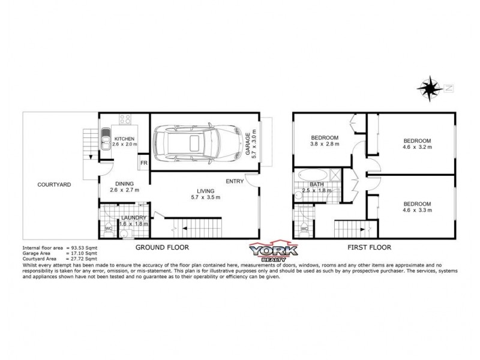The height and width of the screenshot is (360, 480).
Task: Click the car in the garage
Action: (195, 142)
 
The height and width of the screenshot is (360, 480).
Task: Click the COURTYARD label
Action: (54, 184)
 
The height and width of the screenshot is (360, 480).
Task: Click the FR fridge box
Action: (143, 163)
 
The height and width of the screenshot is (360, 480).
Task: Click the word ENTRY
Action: (235, 181)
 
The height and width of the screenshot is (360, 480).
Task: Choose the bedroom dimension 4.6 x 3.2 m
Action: (418, 148)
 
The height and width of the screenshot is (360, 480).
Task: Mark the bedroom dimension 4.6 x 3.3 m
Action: (418, 211)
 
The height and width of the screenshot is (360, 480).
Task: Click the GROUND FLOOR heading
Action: (162, 247)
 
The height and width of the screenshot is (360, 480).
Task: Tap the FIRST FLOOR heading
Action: (370, 247)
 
